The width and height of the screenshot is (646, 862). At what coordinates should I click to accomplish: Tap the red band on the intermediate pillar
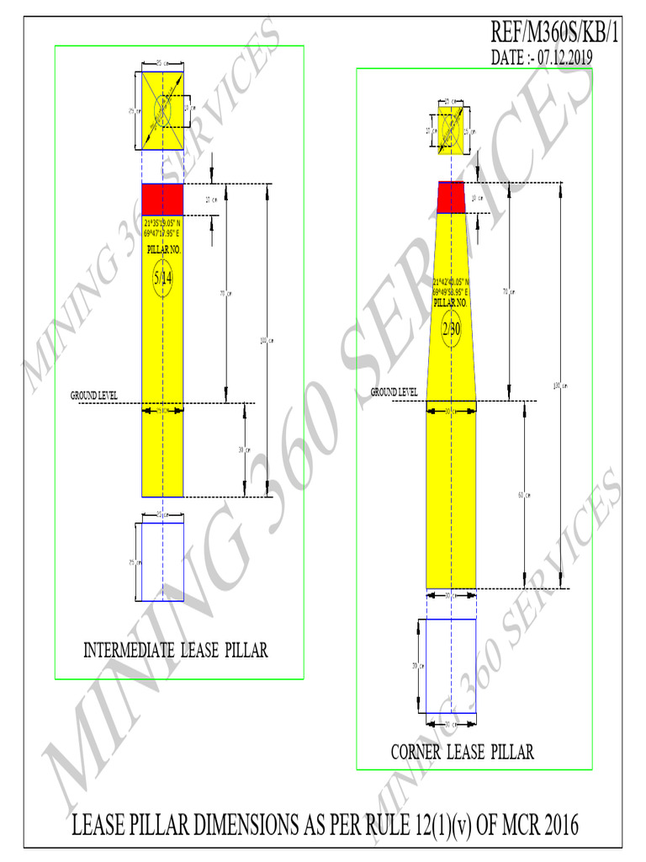(162, 200)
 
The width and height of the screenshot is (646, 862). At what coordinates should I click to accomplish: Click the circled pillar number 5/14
(162, 279)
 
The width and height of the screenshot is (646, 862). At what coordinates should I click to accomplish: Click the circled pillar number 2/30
(452, 328)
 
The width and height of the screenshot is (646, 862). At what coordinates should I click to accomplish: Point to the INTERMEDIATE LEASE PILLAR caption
(176, 650)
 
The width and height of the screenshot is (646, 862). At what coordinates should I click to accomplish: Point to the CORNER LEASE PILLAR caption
(462, 752)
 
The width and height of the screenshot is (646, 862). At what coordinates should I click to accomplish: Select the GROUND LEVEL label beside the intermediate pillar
(93, 394)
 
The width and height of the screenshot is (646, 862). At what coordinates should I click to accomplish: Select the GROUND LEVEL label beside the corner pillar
(394, 392)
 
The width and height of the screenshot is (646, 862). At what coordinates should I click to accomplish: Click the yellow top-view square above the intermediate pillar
(162, 111)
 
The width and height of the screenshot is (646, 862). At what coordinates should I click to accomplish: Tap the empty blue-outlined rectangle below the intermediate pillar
(162, 561)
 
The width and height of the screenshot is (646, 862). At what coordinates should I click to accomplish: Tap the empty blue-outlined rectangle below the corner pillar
(451, 665)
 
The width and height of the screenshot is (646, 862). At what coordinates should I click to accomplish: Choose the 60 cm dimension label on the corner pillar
(522, 495)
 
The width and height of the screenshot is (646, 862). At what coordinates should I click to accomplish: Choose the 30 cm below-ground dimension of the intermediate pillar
(242, 450)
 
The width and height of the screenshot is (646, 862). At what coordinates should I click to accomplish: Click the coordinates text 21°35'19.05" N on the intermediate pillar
(161, 223)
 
